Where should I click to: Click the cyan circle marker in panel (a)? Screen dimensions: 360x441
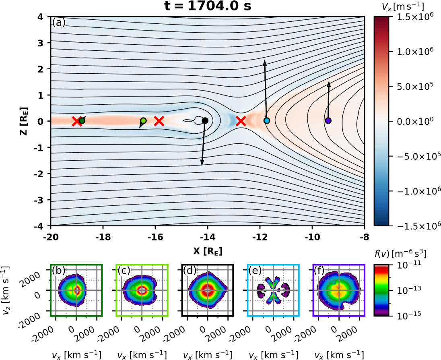[266, 120]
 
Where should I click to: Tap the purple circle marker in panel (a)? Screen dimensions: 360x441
[328, 120]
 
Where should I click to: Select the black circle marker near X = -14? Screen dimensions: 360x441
[205, 120]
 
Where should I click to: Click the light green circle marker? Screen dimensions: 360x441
[143, 120]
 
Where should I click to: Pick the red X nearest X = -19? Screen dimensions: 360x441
[76, 121]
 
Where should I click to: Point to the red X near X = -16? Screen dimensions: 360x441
[159, 121]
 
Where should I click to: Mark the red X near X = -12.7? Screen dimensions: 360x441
[241, 121]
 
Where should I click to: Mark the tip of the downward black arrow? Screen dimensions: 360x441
[202, 164]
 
